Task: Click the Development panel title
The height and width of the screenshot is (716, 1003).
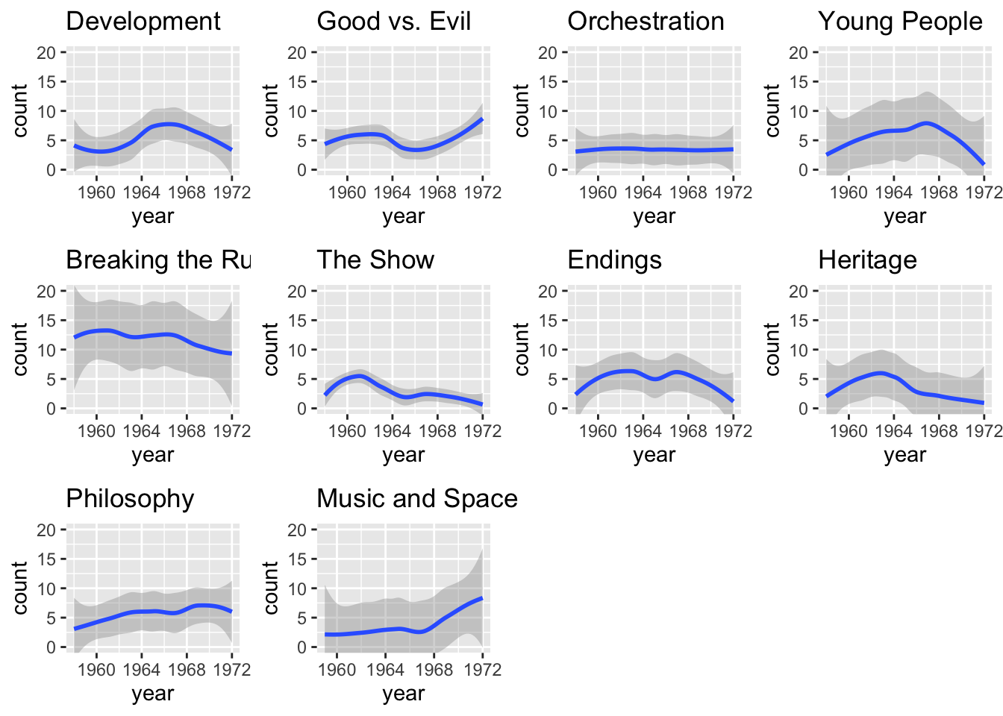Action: coord(143,22)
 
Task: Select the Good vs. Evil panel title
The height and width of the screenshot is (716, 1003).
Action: coord(393,22)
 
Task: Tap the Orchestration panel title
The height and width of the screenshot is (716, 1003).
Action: coord(646,22)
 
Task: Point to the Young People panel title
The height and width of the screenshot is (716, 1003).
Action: coord(900,22)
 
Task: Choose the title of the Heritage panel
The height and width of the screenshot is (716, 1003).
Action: coord(867,260)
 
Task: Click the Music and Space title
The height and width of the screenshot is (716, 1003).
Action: coord(417,499)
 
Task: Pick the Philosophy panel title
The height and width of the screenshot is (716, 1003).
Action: coord(130,499)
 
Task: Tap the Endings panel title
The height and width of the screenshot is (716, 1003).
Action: coord(614,260)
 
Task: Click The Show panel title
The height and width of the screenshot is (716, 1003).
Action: coord(375,260)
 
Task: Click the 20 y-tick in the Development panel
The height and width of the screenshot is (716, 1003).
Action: coord(47,52)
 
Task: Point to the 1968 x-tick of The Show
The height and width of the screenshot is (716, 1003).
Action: coord(437,431)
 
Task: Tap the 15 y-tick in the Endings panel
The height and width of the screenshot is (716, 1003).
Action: coord(549,321)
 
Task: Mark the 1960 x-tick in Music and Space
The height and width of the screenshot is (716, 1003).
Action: coord(337,670)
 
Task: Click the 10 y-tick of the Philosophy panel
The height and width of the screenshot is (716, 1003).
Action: coord(47,588)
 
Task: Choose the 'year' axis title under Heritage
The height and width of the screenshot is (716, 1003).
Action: coord(904,455)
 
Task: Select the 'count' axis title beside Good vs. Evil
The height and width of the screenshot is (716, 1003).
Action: coord(271,110)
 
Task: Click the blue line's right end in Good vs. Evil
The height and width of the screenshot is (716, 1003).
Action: coord(482,119)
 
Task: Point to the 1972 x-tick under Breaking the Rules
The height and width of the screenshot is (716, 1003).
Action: coord(231,431)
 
